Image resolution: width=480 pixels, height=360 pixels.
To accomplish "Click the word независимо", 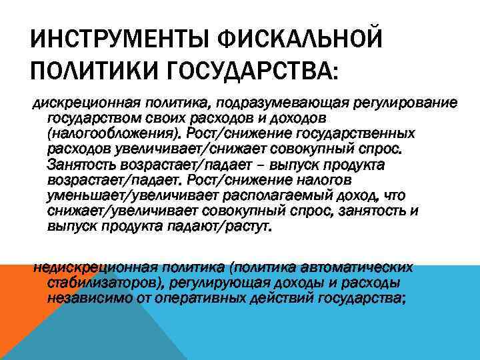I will pos(83,298).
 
